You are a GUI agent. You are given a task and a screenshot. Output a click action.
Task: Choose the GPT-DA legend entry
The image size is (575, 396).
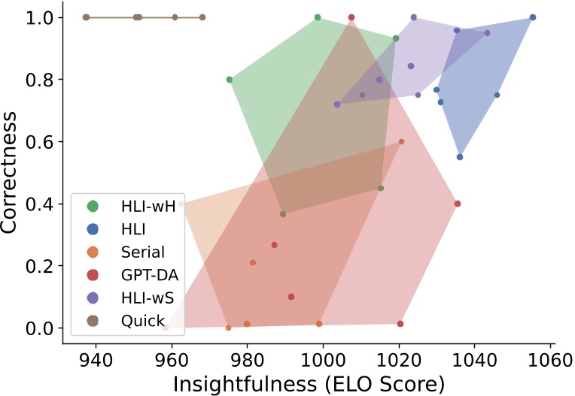tap(144, 275)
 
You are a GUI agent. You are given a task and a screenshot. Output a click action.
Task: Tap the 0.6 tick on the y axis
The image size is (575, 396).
tap(40, 142)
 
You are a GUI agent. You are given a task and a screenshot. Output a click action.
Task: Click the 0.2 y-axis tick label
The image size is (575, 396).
tap(40, 266)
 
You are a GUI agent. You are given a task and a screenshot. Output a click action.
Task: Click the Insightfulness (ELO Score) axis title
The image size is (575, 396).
tap(309, 383)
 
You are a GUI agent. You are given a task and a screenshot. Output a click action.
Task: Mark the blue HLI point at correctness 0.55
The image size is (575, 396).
tap(460, 157)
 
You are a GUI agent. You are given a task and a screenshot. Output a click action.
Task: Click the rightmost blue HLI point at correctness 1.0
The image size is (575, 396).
tap(533, 17)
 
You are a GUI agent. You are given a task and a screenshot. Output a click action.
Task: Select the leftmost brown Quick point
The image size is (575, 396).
tap(86, 17)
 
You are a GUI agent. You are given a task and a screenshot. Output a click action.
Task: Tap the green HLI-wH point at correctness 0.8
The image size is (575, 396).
tap(230, 80)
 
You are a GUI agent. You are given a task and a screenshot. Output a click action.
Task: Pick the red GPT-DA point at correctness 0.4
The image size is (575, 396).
tap(458, 204)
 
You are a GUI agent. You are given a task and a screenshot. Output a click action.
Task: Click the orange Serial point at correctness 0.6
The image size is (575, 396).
tap(401, 141)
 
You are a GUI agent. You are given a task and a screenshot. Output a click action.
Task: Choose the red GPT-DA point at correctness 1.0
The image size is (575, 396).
tap(351, 17)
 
